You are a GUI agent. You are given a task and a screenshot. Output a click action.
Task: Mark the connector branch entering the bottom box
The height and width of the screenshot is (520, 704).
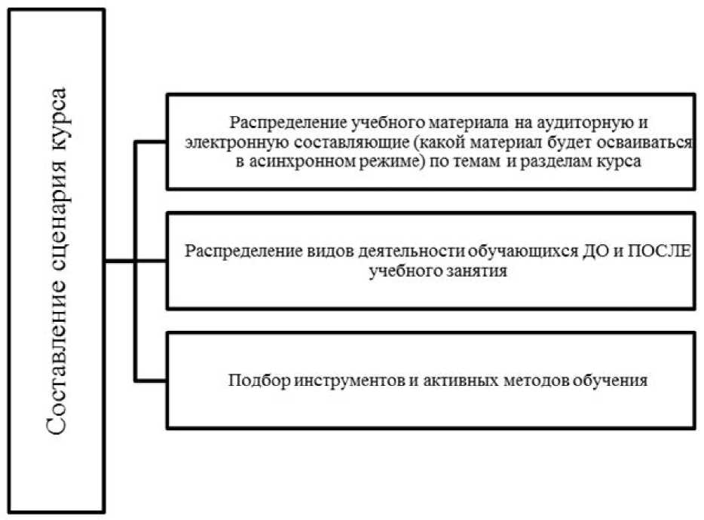[151, 378]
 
